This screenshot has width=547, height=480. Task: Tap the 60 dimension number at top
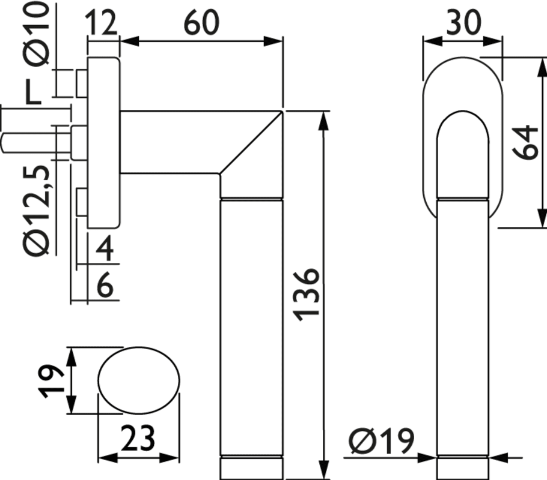point(201,22)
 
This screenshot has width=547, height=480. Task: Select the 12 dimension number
point(101,22)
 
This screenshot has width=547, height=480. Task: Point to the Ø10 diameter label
point(37,34)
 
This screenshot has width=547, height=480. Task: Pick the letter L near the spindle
point(34,92)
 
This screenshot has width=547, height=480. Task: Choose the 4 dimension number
point(105,248)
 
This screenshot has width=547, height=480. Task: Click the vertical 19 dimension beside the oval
point(51,381)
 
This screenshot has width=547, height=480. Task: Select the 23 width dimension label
point(138,438)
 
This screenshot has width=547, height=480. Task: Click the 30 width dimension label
point(463,22)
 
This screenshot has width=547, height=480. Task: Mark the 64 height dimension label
point(525,142)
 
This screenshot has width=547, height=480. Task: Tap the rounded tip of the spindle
point(3,143)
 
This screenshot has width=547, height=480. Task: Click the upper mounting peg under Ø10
point(81,83)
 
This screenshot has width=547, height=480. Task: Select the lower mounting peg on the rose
point(82,203)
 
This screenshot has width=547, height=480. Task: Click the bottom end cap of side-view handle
point(251,468)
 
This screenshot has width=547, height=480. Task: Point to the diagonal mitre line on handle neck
point(251,142)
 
